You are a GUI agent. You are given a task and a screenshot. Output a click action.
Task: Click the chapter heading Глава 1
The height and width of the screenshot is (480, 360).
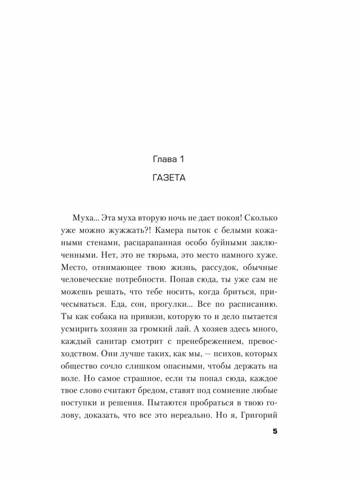click(x=168, y=159)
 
